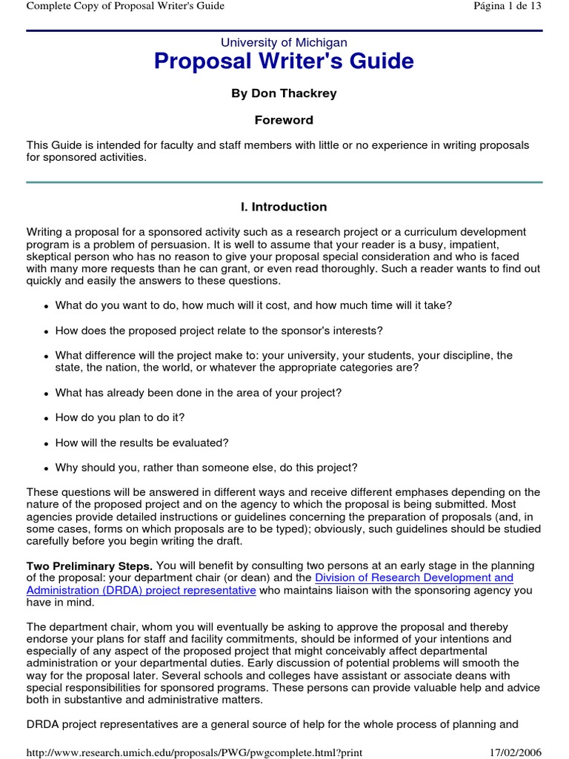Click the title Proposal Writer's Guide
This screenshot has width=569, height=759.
pyautogui.click(x=284, y=62)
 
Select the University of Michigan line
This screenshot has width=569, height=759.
pyautogui.click(x=284, y=43)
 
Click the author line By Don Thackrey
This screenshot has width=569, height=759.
pyautogui.click(x=284, y=93)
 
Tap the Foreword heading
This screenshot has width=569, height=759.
pyautogui.click(x=284, y=120)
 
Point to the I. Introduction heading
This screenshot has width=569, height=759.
pyautogui.click(x=284, y=207)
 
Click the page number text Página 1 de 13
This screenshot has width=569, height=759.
pyautogui.click(x=507, y=7)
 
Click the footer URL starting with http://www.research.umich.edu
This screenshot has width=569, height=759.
pyautogui.click(x=194, y=752)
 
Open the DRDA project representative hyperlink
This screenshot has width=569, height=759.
pyautogui.click(x=142, y=590)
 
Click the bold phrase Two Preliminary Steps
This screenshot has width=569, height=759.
pyautogui.click(x=90, y=566)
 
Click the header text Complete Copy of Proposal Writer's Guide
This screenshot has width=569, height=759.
pyautogui.click(x=125, y=7)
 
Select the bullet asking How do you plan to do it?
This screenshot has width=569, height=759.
pyautogui.click(x=119, y=417)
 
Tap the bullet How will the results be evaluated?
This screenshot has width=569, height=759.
pyautogui.click(x=142, y=443)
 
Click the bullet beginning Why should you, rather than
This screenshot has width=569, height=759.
pyautogui.click(x=206, y=468)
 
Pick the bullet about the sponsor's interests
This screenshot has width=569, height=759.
pyautogui.click(x=219, y=331)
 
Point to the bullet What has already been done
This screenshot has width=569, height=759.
pyautogui.click(x=198, y=393)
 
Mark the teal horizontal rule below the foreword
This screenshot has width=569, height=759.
pyautogui.click(x=284, y=182)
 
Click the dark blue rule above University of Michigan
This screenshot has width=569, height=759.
pyautogui.click(x=284, y=30)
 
